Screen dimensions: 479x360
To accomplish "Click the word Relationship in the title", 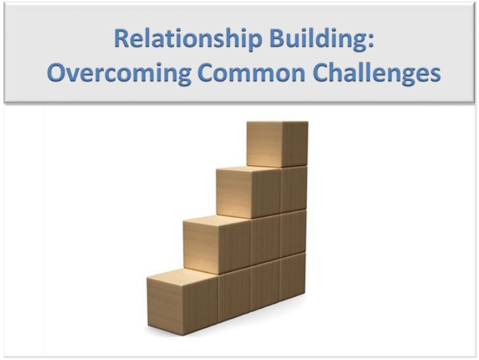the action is (x=188, y=39).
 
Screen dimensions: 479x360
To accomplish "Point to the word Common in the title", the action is (x=251, y=73).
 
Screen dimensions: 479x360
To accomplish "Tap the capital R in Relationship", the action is (x=121, y=38).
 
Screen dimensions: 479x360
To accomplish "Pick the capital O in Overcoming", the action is (x=56, y=73).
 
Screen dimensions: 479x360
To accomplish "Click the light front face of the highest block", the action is (x=265, y=144).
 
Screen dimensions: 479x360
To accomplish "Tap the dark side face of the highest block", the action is (x=295, y=144).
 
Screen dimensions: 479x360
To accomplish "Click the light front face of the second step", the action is (x=201, y=247).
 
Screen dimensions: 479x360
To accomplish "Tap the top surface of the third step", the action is (x=248, y=168).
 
